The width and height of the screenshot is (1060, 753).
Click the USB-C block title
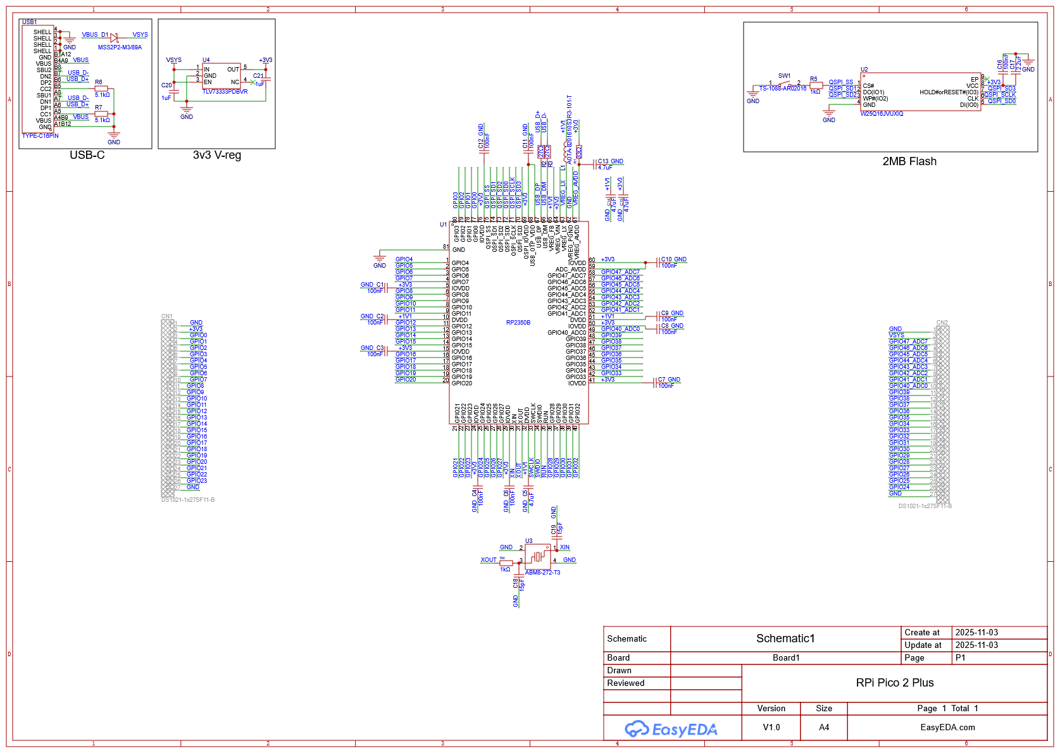[x=87, y=156]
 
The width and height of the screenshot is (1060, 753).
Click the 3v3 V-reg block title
[x=216, y=156]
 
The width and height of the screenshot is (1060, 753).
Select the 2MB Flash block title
[x=909, y=161]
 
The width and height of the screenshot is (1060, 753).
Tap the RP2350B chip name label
[x=518, y=323]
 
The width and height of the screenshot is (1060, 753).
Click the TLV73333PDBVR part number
[x=225, y=92]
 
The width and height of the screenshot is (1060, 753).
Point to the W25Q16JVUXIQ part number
[x=882, y=114]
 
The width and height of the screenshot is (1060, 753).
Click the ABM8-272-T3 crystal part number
[x=542, y=573]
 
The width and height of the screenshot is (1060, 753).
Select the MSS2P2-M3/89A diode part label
[x=120, y=47]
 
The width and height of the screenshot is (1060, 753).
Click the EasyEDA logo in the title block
[x=671, y=730]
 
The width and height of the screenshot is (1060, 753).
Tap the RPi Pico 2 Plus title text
[x=894, y=683]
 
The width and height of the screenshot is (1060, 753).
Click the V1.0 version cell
[x=771, y=728]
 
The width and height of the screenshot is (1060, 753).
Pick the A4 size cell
[x=823, y=728]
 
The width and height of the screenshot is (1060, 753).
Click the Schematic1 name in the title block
[x=785, y=638]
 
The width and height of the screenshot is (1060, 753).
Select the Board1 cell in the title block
[x=785, y=658]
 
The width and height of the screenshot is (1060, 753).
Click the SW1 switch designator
[x=784, y=76]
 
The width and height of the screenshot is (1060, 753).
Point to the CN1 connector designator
[x=166, y=316]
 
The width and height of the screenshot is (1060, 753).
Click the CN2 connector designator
[x=942, y=323]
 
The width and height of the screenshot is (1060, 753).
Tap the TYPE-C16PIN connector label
[x=40, y=136]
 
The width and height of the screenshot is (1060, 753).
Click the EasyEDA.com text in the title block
[x=947, y=728]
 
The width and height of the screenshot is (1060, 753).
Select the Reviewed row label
[x=625, y=683]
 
